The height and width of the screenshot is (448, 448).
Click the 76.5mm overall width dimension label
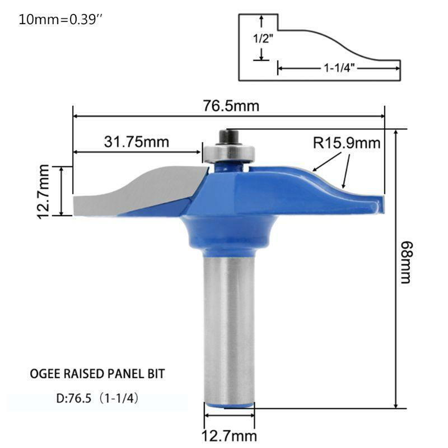[231, 106]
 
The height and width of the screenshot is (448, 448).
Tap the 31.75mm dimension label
[136, 142]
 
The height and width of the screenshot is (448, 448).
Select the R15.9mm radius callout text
[347, 143]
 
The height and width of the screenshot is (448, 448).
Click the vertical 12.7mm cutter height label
[44, 192]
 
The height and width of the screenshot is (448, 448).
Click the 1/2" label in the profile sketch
[263, 38]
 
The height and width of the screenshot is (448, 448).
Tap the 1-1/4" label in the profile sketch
[339, 68]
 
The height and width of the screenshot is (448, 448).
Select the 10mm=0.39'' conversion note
[60, 20]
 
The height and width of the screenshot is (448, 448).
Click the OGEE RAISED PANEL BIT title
[97, 374]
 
